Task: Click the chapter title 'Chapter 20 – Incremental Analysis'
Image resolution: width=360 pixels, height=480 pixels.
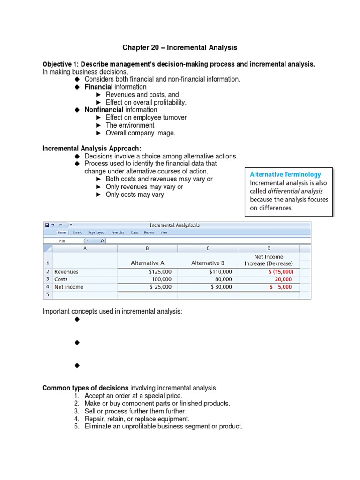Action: coord(180,47)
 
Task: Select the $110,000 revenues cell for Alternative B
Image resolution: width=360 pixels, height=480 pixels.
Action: coord(220,271)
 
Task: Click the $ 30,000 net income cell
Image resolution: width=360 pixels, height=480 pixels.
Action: coord(221,287)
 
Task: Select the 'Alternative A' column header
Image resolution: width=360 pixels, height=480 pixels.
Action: coord(148,263)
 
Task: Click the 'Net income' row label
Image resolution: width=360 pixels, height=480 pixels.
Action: coord(69,287)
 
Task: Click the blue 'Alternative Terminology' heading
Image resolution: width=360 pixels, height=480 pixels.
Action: coord(285,174)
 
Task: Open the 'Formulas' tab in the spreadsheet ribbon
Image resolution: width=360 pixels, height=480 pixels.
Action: coord(118,232)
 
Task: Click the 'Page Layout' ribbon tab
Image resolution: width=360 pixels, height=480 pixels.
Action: coord(97,232)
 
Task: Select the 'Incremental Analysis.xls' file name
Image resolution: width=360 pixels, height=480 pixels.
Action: coord(174,225)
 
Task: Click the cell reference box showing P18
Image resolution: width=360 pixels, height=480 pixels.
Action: coord(62,241)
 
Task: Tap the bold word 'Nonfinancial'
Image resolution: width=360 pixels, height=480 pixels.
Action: coord(104,110)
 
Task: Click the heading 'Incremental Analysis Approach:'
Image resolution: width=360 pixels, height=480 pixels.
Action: coord(91,149)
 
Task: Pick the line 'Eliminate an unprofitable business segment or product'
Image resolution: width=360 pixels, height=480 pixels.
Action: coord(164,427)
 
